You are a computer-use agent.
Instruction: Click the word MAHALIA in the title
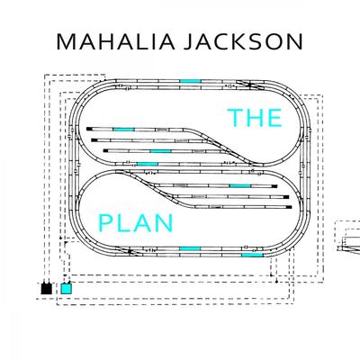[116, 42]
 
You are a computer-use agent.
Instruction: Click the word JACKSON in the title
[243, 42]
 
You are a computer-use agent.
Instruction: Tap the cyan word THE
[255, 118]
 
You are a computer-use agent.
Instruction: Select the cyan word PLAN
[136, 223]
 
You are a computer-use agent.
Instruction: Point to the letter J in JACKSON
[188, 42]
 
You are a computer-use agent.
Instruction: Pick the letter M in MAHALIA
[66, 42]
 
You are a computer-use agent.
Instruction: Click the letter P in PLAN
[104, 223]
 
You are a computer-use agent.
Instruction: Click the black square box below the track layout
[47, 289]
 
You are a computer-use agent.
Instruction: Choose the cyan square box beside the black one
[67, 289]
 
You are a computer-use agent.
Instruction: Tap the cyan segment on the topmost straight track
[190, 81]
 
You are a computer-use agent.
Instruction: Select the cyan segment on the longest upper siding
[123, 130]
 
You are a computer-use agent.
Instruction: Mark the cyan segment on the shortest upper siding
[161, 151]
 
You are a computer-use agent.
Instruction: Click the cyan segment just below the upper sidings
[148, 164]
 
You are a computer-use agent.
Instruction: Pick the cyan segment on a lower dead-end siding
[240, 186]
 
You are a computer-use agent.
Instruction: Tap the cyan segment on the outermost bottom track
[252, 255]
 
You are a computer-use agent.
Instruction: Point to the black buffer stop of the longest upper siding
[89, 129]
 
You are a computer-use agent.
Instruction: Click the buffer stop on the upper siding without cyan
[94, 140]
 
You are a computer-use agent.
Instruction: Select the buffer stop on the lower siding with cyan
[274, 186]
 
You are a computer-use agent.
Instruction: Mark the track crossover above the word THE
[250, 85]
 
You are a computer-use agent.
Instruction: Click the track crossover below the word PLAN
[130, 251]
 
